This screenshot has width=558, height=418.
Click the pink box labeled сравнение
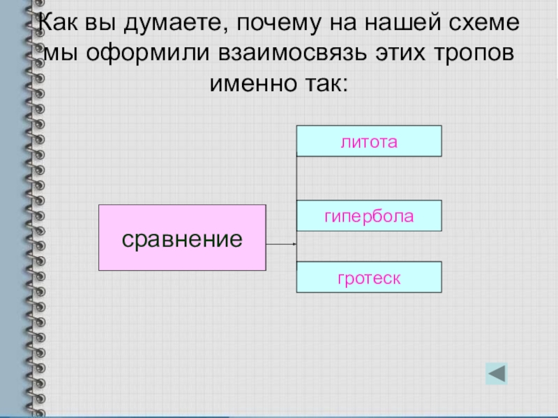pos(182,238)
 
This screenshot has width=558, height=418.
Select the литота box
pos(369,141)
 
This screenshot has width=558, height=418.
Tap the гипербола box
pos(369,215)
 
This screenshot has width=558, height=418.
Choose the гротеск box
pos(369,277)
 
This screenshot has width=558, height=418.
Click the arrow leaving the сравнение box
pos(282,245)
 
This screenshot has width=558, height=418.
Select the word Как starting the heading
pos(59,24)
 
